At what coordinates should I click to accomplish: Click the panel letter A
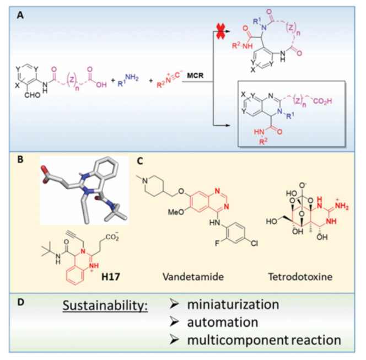click(20, 17)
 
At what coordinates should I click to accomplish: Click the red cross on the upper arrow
click(222, 33)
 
